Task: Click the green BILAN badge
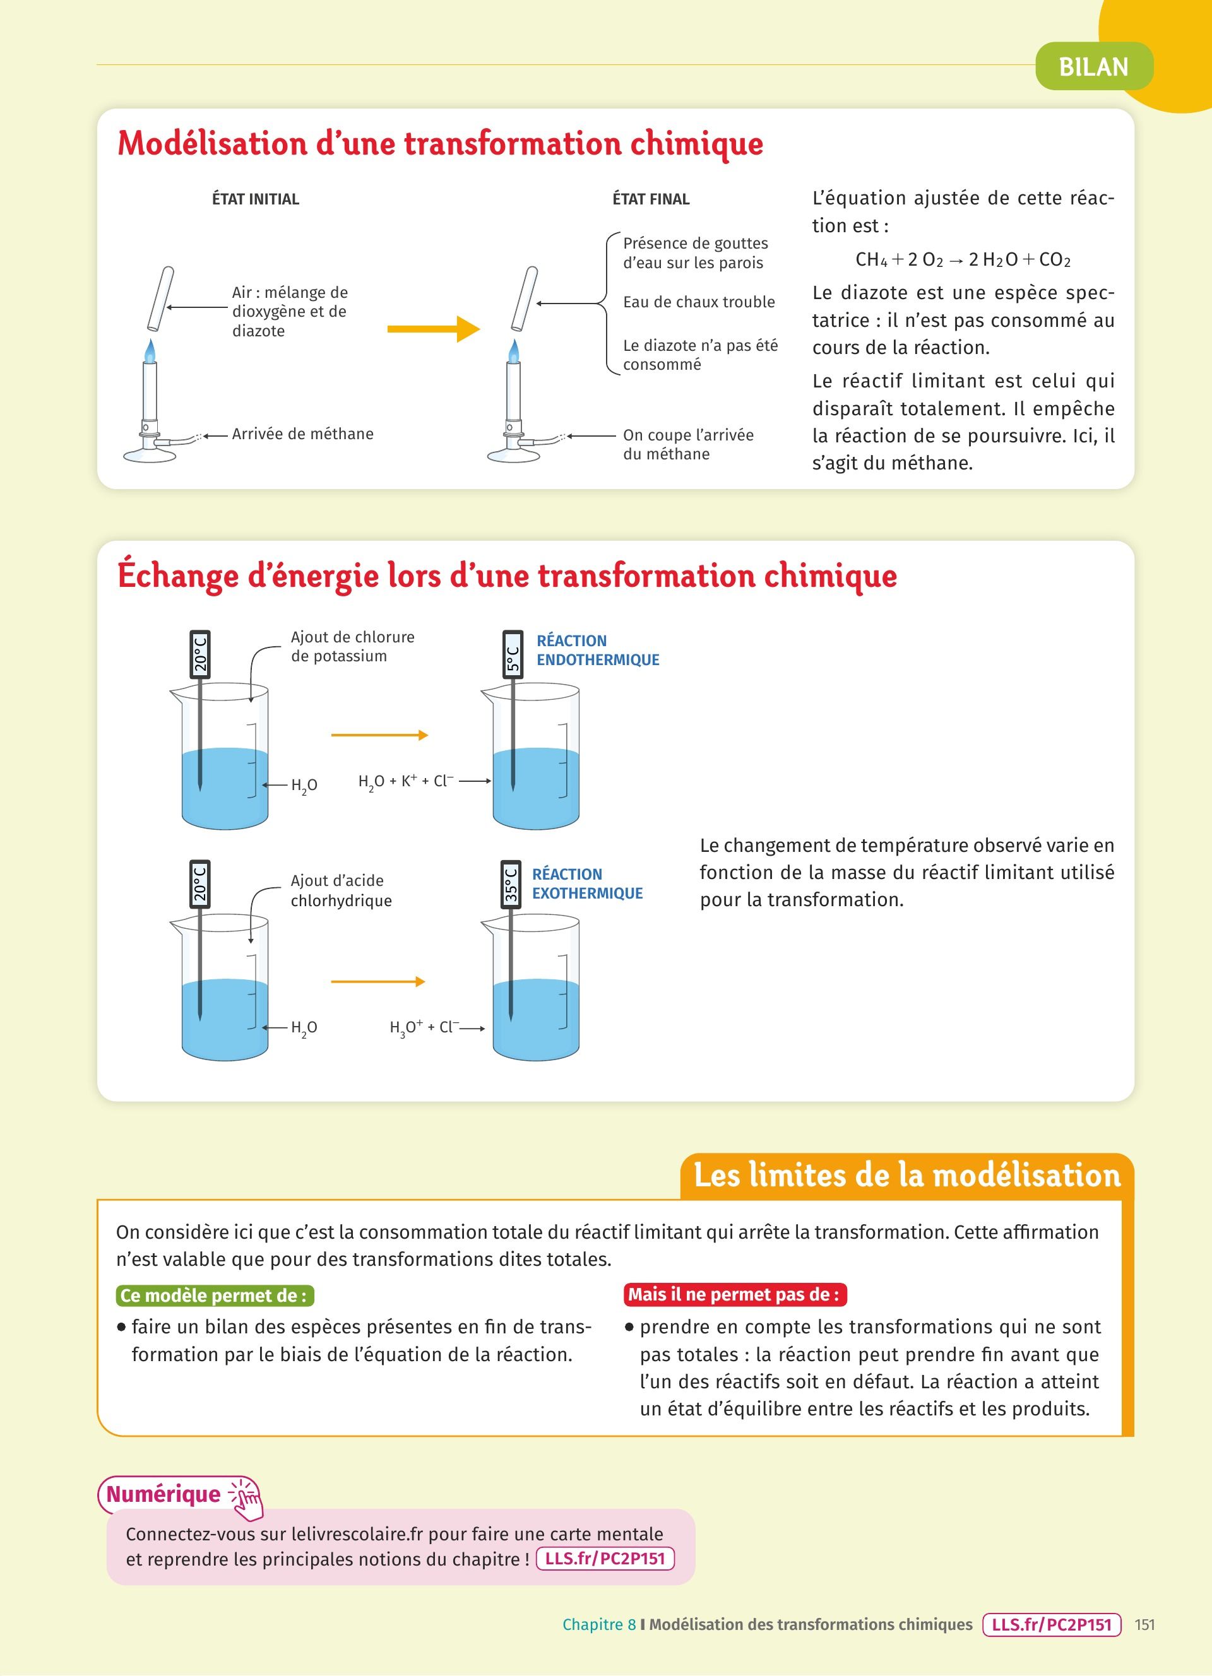coord(1093,66)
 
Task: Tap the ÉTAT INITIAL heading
coord(255,199)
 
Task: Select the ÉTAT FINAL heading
coord(650,199)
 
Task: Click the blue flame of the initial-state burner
coord(150,351)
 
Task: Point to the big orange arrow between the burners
coord(433,329)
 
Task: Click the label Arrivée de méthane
coord(302,434)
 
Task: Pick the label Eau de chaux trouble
coord(698,302)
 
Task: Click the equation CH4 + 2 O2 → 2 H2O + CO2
coord(962,259)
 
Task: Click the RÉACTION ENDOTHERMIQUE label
coord(597,651)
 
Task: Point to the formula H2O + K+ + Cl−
coord(406,782)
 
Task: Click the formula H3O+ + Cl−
coord(424,1027)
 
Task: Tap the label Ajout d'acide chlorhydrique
coord(341,890)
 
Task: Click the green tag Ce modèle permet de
coord(215,1295)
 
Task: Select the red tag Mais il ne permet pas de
coord(735,1294)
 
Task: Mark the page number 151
coord(1144,1624)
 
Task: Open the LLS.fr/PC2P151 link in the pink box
coord(605,1559)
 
